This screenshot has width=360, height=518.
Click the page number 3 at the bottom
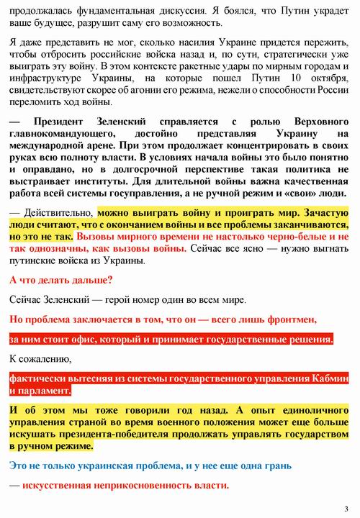point(346,509)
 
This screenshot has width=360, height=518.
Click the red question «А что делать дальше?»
point(61,279)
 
